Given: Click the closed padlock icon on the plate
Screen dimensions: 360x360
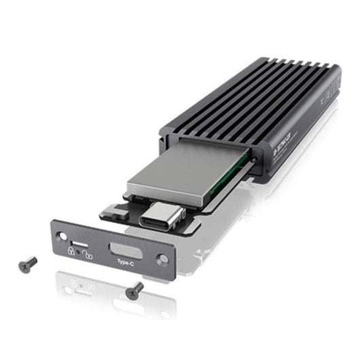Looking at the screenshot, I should tap(70, 251).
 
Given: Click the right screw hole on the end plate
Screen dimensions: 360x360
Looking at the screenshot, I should tap(161, 259).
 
